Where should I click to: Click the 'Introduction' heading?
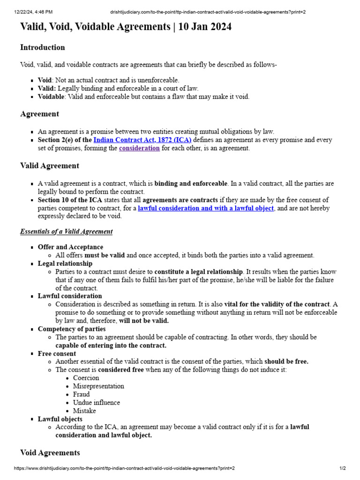click(43, 47)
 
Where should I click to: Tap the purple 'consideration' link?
click(139, 148)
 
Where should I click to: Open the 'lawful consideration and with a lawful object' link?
click(206, 208)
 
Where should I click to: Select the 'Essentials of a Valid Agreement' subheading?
click(66, 232)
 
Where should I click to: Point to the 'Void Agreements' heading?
click(50, 452)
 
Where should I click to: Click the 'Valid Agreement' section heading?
click(50, 165)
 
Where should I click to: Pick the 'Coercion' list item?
click(86, 378)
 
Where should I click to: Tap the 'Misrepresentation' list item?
click(98, 386)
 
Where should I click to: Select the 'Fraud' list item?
click(81, 394)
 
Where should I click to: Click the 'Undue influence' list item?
click(96, 403)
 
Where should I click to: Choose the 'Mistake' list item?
click(84, 411)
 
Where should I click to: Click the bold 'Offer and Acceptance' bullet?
click(70, 247)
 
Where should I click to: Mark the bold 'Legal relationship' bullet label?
click(65, 263)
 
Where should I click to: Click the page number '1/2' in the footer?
click(343, 468)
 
